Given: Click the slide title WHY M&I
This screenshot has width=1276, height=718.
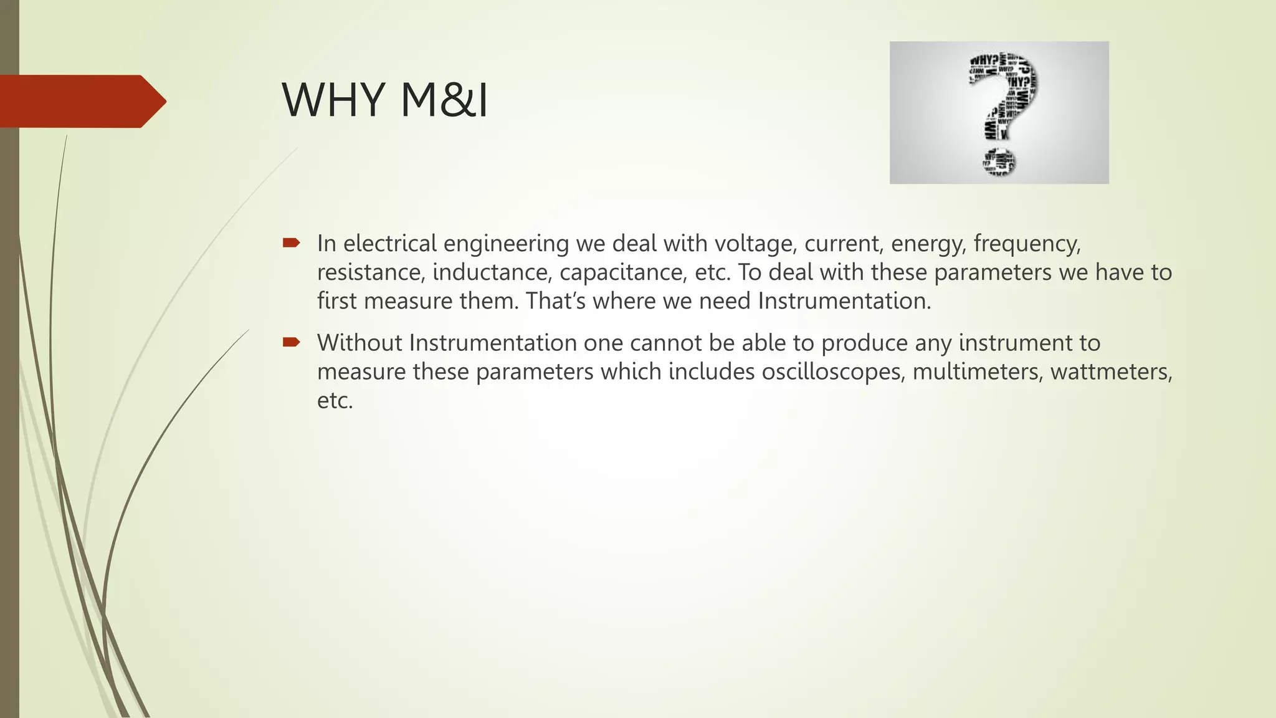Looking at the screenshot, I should tap(384, 100).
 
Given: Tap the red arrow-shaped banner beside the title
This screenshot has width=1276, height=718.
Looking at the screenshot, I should tap(81, 102).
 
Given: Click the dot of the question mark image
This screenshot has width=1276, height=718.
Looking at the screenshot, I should tap(999, 162).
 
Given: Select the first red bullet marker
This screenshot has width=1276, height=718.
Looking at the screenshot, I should tap(291, 242).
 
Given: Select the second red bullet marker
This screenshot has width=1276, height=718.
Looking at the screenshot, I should tap(291, 342).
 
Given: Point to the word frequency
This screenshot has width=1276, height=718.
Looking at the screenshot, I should tap(1027, 244).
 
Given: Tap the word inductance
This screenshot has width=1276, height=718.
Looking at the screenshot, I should tap(492, 272).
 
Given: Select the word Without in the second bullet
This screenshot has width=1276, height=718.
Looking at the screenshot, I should tap(359, 343).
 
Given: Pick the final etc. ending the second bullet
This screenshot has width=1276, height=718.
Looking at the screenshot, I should tap(335, 400).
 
